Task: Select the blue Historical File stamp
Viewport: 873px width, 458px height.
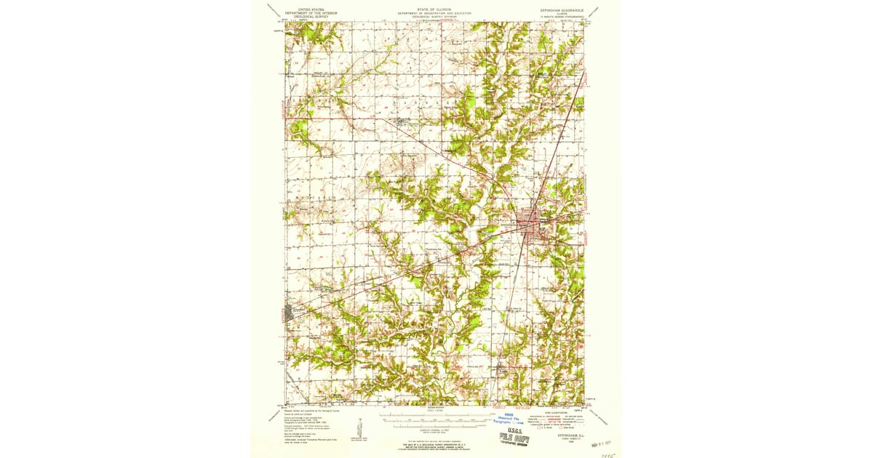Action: [x=509, y=420]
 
